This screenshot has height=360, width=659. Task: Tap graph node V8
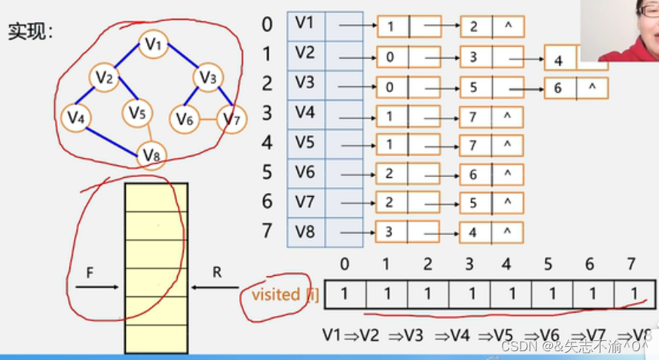(x=152, y=154)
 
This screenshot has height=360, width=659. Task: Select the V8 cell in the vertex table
(x=305, y=231)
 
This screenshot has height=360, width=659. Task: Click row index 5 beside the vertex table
(x=267, y=172)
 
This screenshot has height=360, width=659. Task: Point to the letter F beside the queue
(x=90, y=272)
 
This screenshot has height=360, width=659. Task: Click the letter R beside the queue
(x=216, y=272)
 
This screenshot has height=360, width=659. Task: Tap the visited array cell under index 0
(x=344, y=293)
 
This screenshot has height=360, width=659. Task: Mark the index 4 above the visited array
(x=506, y=263)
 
